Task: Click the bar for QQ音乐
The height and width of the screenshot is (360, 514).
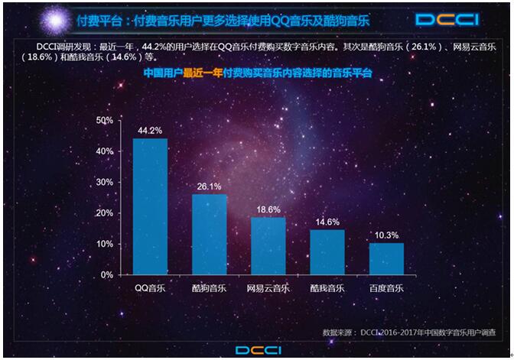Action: (150, 206)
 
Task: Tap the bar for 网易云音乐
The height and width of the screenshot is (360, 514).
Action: (268, 245)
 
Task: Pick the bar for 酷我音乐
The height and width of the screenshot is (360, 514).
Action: (327, 251)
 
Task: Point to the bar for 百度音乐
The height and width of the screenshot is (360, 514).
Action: (386, 258)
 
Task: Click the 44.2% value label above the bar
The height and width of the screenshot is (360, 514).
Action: (150, 131)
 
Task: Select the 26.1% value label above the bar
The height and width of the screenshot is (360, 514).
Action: (209, 186)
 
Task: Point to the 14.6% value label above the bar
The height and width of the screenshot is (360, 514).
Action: (327, 222)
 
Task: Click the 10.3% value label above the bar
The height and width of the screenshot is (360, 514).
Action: (386, 235)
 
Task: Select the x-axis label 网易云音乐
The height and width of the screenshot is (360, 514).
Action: (268, 289)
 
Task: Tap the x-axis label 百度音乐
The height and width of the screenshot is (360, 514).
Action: (386, 289)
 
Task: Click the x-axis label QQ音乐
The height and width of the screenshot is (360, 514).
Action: (150, 289)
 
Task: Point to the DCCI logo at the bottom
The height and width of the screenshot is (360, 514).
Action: (258, 350)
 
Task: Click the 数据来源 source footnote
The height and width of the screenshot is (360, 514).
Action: (408, 333)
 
